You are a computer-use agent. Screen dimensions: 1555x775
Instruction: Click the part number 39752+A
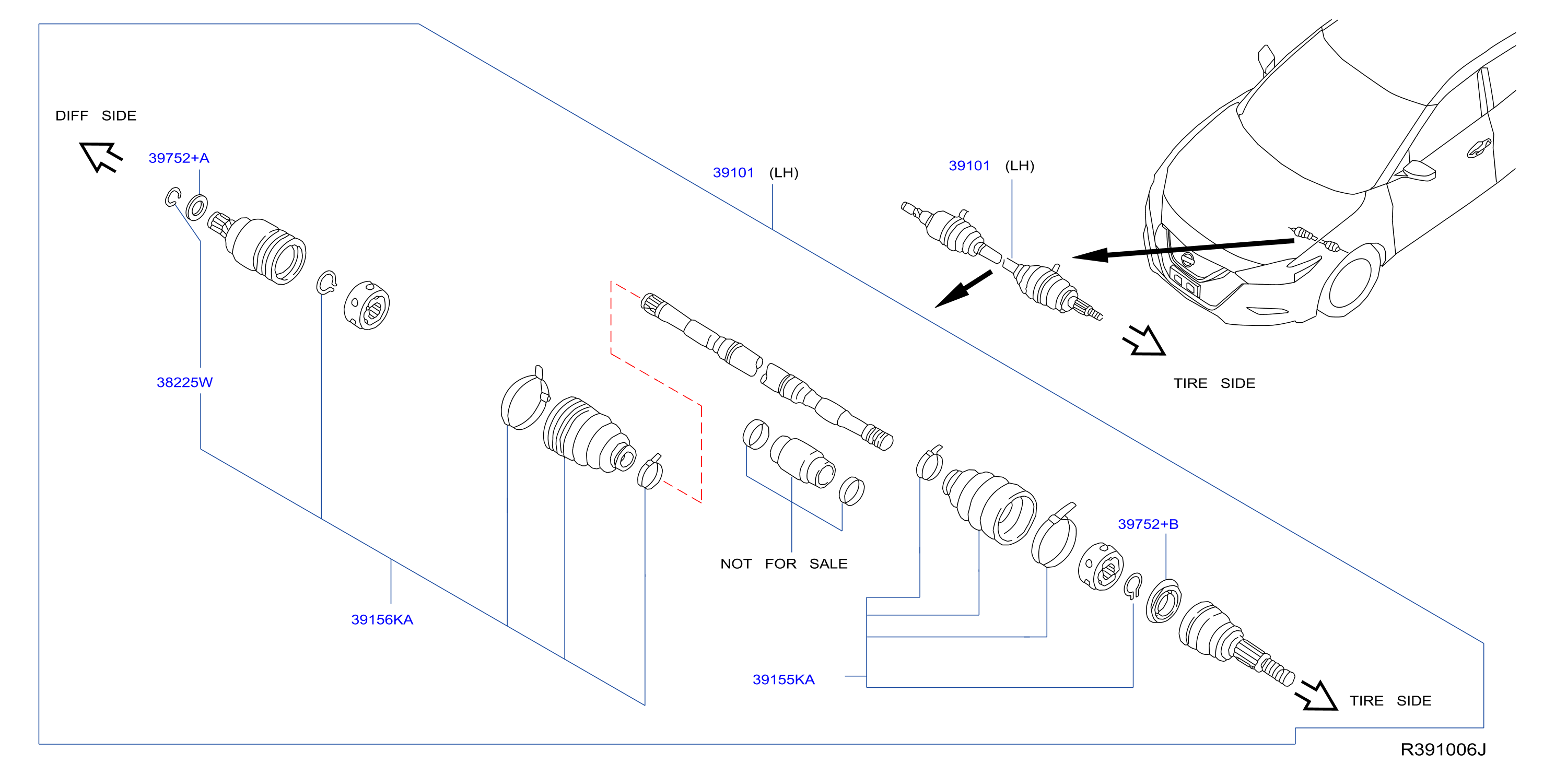coord(179,158)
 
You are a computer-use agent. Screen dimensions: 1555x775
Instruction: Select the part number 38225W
coord(185,382)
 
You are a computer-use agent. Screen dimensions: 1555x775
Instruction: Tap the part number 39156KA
coord(382,619)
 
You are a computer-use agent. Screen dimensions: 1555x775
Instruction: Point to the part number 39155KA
coord(784,679)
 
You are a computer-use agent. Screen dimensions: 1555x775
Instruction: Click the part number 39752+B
coord(1148,524)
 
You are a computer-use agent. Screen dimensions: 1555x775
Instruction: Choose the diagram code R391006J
coord(1443,749)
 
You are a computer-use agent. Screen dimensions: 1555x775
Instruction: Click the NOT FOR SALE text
coord(784,563)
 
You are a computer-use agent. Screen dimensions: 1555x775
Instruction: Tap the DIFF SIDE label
coord(96,115)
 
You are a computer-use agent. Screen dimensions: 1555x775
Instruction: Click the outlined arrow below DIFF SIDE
coord(101,157)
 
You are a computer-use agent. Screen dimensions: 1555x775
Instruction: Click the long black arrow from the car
coord(1183,249)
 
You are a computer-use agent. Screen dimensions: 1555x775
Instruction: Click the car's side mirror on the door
coord(1419,170)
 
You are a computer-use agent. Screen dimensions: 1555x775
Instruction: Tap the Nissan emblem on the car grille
coord(1187,260)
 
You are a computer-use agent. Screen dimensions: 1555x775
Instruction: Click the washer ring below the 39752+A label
coord(197,208)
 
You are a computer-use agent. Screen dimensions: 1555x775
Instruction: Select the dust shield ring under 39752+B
coord(1163,601)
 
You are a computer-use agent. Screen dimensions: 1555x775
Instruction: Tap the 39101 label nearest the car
coord(969,166)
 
